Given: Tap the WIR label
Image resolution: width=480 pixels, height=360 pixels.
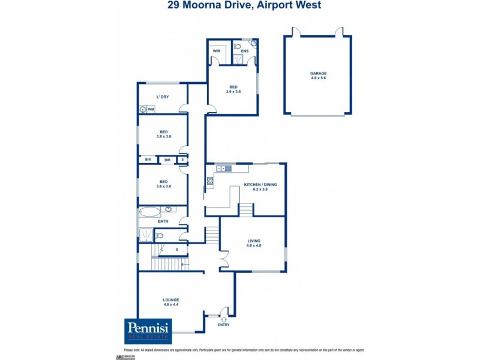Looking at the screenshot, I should click(x=217, y=52).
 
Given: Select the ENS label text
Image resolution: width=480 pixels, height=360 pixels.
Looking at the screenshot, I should click(x=245, y=52).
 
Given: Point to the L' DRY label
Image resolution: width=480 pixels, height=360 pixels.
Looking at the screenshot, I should click(x=161, y=97).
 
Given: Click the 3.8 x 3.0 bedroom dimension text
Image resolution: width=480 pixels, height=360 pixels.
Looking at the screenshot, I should click(x=164, y=137).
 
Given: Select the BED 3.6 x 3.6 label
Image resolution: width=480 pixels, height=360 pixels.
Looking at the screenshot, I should click(x=233, y=89).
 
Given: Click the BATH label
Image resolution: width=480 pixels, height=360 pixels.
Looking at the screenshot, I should click(x=163, y=221).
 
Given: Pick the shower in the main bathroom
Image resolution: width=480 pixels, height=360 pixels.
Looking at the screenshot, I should click(x=147, y=235).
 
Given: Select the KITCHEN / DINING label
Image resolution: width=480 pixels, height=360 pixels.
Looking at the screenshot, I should click(x=260, y=185).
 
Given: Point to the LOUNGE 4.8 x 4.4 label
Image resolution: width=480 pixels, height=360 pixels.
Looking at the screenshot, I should click(x=171, y=302).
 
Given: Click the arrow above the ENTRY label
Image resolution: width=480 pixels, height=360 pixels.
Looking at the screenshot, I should click(x=223, y=319).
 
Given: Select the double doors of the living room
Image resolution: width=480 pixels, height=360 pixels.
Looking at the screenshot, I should click(x=223, y=260).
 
